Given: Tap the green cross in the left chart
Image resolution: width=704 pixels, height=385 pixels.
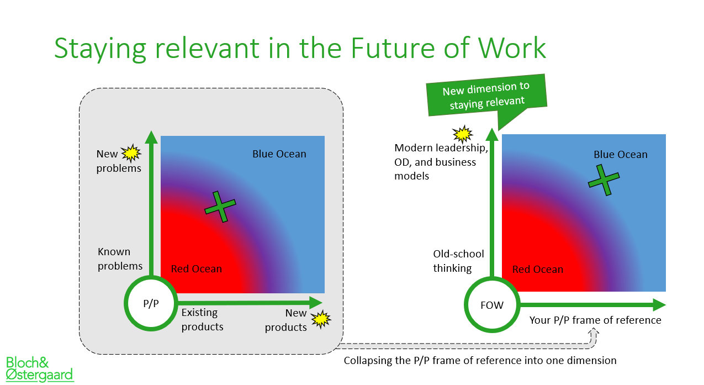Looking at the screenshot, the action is (x=220, y=207).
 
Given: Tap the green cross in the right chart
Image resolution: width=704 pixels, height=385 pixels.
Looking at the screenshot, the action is (x=604, y=180).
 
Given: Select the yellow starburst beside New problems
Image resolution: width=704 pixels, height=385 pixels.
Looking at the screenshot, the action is (x=131, y=154).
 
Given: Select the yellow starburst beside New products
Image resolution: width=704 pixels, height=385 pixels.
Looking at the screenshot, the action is (x=321, y=319).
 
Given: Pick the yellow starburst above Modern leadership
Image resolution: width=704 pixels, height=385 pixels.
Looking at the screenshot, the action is (x=463, y=134).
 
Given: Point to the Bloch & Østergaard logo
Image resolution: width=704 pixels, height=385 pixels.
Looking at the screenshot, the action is (x=40, y=369).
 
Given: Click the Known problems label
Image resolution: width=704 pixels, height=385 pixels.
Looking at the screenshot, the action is (x=120, y=259).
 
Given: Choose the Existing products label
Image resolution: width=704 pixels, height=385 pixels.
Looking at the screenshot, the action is (x=203, y=319).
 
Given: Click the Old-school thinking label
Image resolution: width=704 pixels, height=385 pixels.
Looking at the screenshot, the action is (x=458, y=261).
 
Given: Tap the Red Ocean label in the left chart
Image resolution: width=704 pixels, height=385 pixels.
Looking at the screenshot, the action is (x=197, y=268).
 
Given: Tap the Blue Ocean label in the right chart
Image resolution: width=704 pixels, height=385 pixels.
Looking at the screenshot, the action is (x=621, y=154).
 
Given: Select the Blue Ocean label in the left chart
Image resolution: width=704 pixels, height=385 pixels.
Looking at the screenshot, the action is (x=279, y=154).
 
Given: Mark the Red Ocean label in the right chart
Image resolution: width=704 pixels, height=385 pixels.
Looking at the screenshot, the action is (x=538, y=270).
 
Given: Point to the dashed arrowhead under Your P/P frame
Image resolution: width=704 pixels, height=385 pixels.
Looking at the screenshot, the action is (x=593, y=332).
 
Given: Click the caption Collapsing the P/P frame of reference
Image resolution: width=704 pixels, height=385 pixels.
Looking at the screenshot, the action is (x=480, y=361).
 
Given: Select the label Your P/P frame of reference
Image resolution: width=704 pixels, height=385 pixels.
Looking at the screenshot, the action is (x=595, y=320).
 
